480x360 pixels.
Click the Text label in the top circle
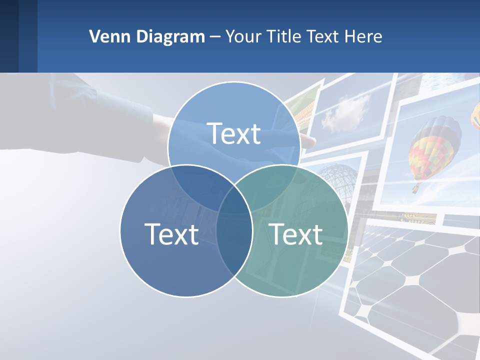(234, 133)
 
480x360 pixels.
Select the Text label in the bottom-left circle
(171, 234)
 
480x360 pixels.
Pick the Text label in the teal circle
(295, 234)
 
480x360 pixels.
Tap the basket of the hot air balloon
(415, 188)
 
